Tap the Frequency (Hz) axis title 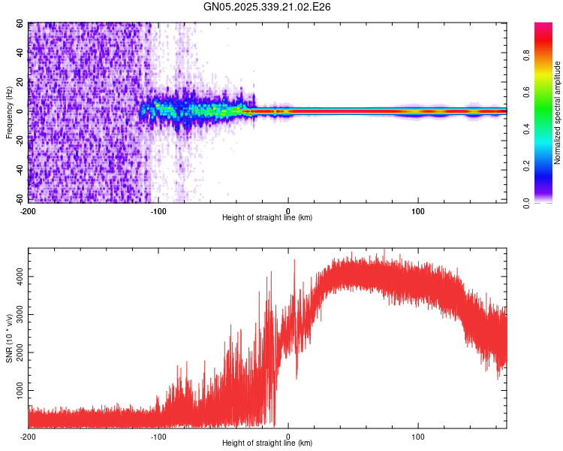tap(9, 113)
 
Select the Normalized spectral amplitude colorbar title tap(558, 113)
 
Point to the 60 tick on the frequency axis tap(20, 23)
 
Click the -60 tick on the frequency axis tap(19, 200)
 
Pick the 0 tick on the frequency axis tap(23, 111)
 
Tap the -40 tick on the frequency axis tap(19, 171)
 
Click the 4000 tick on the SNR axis tap(17, 277)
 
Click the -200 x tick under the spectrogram tap(29, 210)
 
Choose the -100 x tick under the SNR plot tap(158, 436)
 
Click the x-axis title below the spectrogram tap(267, 217)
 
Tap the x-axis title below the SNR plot tap(267, 443)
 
